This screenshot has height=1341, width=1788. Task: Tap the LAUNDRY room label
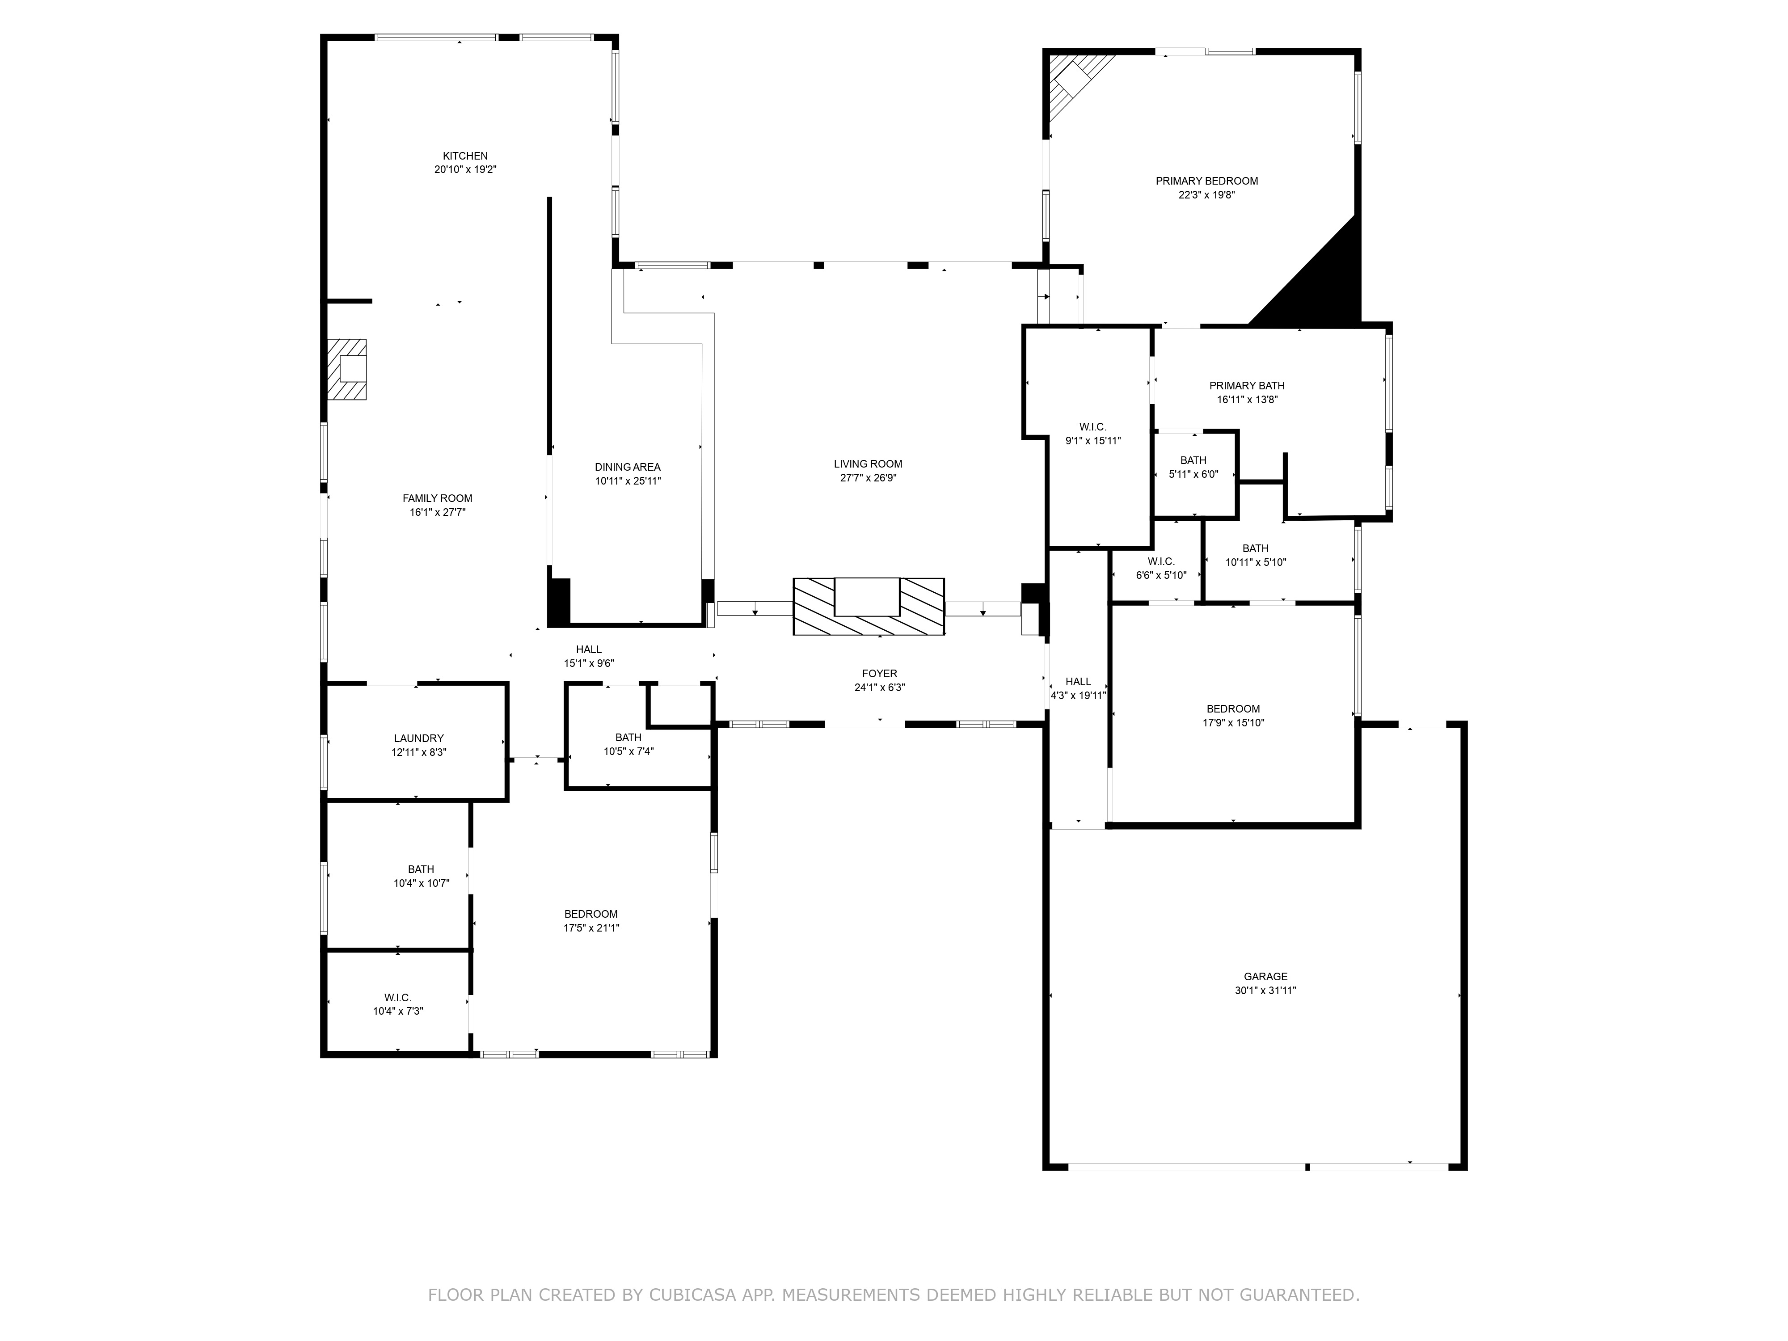(x=419, y=738)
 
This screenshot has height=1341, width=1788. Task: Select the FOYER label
(x=879, y=673)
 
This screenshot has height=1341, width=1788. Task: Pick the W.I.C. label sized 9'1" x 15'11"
(x=1093, y=427)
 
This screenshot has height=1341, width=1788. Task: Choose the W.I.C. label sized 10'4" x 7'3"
(x=398, y=997)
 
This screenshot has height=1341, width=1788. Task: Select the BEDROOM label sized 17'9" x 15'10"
(x=1233, y=709)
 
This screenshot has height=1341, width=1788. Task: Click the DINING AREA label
(x=627, y=467)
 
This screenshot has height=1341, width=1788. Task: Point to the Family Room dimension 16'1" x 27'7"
(x=437, y=512)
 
